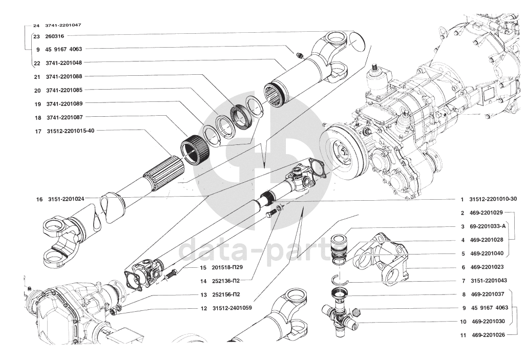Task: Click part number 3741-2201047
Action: point(63,25)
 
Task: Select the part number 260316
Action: point(54,36)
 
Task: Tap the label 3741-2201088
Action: point(64,76)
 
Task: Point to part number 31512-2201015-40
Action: point(71,131)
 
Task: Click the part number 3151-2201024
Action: point(66,199)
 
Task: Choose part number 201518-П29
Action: point(227,268)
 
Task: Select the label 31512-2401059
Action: point(232,308)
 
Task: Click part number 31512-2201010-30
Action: point(493,199)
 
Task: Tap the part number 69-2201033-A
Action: point(488,226)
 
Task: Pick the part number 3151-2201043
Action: point(489,281)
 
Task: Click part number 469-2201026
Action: point(488,335)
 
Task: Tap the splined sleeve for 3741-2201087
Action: point(195,150)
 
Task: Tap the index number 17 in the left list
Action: point(38,131)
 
